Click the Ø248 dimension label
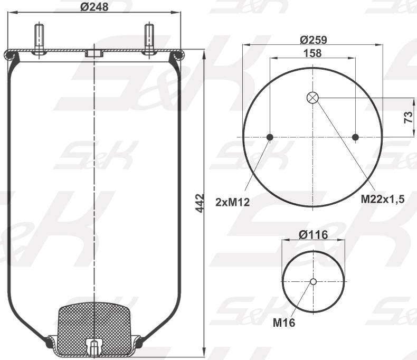94,7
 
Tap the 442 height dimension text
200,203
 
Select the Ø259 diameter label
314,40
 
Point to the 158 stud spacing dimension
312,53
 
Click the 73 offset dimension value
408,117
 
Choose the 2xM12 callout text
232,203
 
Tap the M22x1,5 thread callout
383,198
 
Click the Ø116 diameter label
314,235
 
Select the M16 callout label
284,323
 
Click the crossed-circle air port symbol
312,98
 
